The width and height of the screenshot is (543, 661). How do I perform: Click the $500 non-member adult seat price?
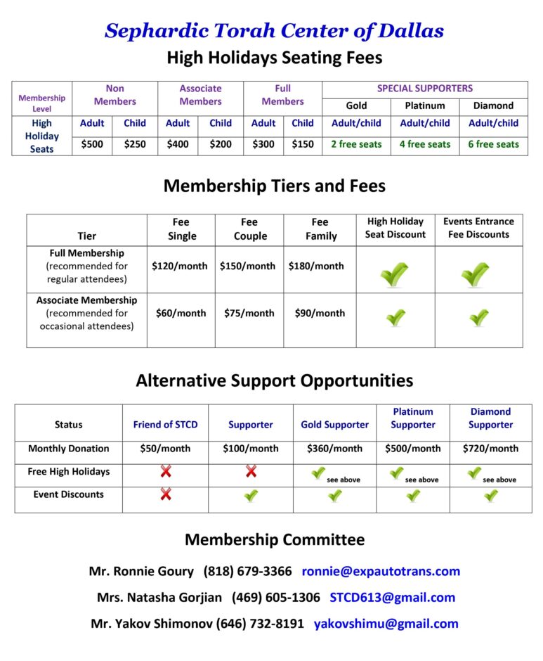tap(92, 144)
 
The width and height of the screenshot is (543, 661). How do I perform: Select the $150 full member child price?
tap(303, 144)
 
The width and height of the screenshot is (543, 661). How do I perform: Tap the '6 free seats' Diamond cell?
tap(494, 144)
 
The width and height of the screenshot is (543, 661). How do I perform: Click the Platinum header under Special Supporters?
tap(425, 106)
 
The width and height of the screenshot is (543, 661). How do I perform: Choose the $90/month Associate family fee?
tap(320, 314)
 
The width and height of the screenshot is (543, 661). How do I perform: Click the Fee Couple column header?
tap(249, 229)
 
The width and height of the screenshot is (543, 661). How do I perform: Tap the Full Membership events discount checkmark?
tap(476, 274)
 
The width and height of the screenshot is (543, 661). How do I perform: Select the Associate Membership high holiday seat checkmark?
tap(395, 318)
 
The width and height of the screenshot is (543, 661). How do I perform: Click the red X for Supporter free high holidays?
tap(251, 472)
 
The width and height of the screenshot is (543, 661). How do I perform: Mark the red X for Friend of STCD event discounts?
tap(166, 494)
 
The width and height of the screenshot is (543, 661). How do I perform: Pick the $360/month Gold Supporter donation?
tap(334, 449)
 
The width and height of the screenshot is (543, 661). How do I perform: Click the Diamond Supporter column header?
tap(490, 418)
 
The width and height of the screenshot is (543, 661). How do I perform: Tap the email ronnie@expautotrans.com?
tap(381, 571)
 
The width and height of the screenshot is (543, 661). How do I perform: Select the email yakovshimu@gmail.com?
tap(386, 624)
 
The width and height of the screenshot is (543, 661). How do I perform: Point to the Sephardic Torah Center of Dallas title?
tap(274, 31)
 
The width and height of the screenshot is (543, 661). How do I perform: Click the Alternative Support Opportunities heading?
tap(274, 381)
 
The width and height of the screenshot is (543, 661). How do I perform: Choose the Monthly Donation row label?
tap(68, 449)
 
